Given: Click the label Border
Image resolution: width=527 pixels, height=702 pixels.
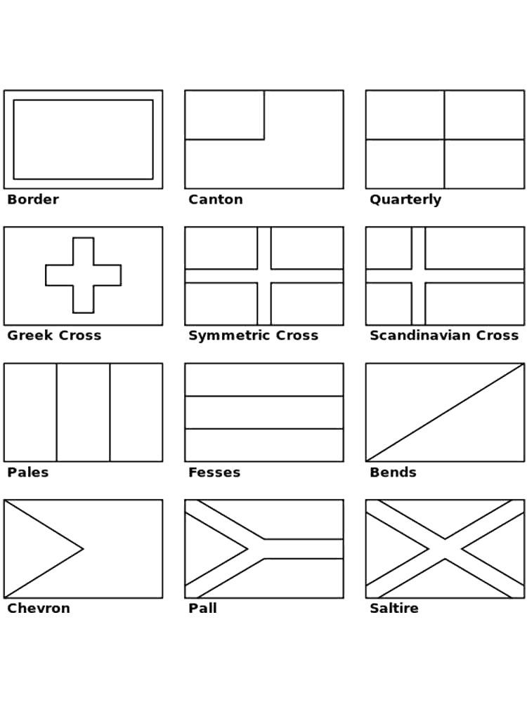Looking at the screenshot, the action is (x=33, y=199).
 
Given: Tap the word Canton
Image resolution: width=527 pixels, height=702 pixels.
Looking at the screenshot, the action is (x=216, y=199).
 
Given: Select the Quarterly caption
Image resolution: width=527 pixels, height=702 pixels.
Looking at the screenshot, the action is (x=405, y=200).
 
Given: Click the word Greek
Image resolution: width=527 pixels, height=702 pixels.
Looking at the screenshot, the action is (x=30, y=336).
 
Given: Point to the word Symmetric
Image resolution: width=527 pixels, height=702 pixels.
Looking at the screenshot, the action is (x=230, y=336).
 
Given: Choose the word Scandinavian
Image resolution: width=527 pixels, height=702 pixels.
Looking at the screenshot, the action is (x=420, y=336).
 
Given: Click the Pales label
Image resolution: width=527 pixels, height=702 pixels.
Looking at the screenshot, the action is (x=28, y=472).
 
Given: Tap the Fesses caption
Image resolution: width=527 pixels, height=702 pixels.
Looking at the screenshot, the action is (x=214, y=472).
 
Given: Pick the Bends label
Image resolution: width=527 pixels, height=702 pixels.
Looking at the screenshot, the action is (x=393, y=472).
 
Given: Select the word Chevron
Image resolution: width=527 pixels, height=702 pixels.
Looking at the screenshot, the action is (x=39, y=608).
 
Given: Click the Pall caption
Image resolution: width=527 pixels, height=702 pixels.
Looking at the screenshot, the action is (x=202, y=608).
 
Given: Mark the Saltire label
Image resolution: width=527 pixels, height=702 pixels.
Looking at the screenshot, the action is (x=394, y=608).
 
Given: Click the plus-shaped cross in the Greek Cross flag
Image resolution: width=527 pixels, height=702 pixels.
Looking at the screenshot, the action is (x=84, y=275).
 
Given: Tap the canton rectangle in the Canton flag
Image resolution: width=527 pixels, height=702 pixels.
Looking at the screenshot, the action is (x=225, y=115).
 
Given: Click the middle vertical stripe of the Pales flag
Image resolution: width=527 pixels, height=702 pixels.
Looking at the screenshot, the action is (x=84, y=412).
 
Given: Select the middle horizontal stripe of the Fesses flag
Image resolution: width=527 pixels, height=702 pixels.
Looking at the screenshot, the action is (x=264, y=412).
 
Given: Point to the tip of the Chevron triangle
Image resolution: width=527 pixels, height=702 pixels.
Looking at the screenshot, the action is (x=84, y=548).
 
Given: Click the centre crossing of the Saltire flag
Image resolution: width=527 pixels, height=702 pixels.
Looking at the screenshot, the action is (x=445, y=549).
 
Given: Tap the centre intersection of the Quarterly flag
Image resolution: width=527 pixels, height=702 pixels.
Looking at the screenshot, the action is (x=445, y=140).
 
